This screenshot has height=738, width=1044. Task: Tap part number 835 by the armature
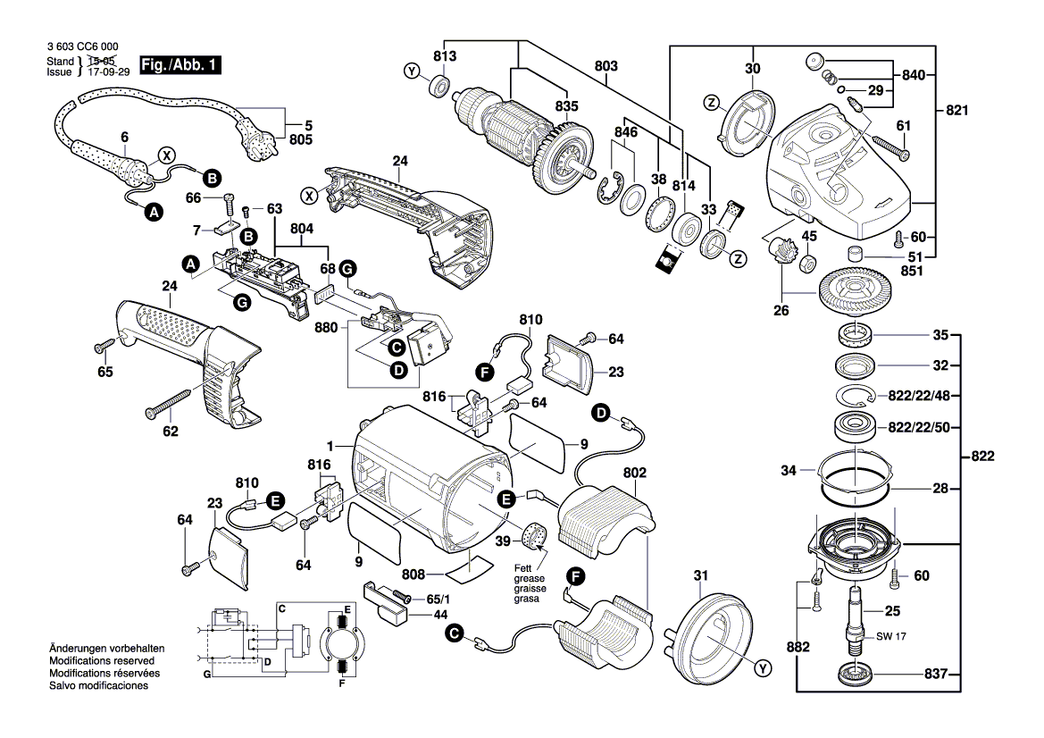(565, 106)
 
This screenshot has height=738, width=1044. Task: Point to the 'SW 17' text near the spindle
(888, 638)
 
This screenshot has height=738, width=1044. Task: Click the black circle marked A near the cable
(155, 212)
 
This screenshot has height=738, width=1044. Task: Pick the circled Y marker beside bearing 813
(412, 71)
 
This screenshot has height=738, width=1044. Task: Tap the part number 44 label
(416, 616)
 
